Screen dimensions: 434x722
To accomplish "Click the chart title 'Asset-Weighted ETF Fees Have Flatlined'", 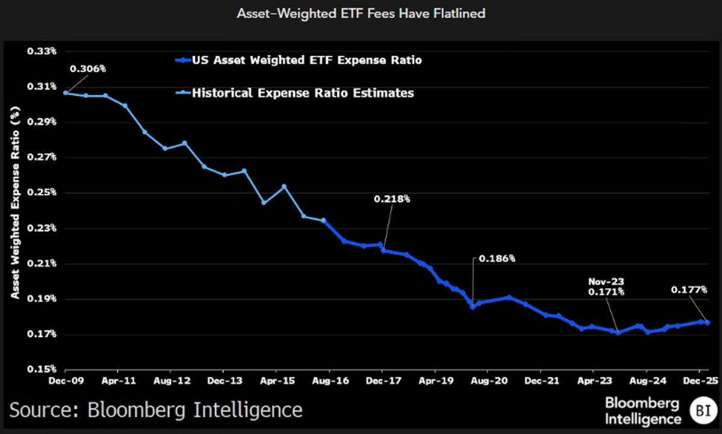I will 360,13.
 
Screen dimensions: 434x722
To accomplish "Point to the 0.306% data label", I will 88,69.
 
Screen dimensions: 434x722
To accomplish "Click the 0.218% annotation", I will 392,199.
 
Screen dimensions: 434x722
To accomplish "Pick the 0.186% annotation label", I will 497,259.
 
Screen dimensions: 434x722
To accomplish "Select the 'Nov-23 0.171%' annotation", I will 606,287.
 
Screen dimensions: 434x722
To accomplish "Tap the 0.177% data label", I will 689,290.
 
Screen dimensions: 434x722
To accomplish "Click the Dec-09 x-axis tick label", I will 66,382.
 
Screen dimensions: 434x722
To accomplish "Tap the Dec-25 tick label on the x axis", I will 699,382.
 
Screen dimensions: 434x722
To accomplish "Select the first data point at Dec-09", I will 66,93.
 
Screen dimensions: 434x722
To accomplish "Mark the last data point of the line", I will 708,323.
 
